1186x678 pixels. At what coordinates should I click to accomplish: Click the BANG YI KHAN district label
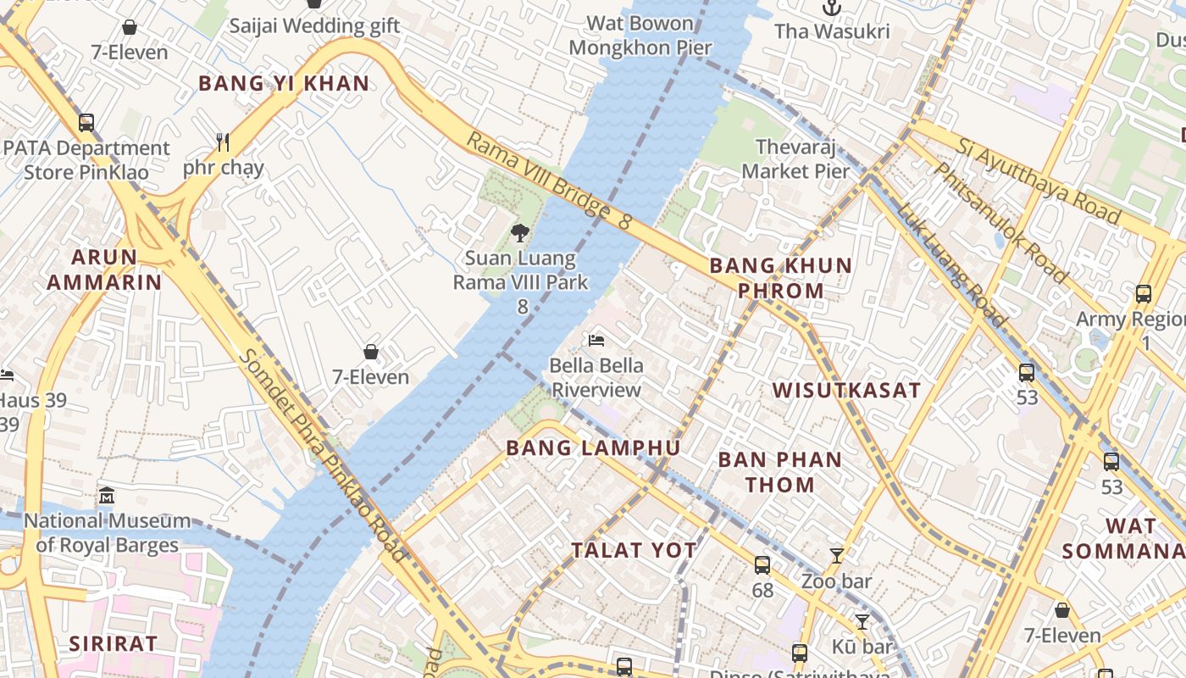(x=284, y=83)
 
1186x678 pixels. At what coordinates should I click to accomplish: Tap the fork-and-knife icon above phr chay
(x=223, y=142)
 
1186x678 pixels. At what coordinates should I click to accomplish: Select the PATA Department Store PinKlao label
(x=86, y=160)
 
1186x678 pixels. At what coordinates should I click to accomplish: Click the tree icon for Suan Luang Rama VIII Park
(x=520, y=232)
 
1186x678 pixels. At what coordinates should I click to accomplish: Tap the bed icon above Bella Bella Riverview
(x=596, y=341)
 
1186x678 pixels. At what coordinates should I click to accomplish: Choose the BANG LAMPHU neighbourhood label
(x=593, y=448)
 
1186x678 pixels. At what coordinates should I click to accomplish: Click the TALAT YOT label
(x=634, y=550)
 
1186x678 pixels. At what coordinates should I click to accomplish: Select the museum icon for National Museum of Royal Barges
(x=107, y=495)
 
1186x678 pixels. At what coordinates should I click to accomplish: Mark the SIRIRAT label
(x=114, y=643)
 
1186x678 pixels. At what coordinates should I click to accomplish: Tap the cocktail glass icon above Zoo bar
(x=836, y=556)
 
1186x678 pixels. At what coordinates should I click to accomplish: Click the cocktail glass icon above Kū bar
(x=862, y=622)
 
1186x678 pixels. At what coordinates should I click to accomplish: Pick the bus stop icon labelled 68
(x=762, y=565)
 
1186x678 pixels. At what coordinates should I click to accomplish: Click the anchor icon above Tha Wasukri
(x=832, y=8)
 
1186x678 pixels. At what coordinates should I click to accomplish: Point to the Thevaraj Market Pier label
(x=795, y=159)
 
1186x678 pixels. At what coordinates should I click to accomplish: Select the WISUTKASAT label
(x=846, y=391)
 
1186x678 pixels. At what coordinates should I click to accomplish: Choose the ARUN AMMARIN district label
(x=104, y=270)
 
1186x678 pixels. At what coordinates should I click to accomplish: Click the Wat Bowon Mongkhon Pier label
(x=640, y=35)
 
